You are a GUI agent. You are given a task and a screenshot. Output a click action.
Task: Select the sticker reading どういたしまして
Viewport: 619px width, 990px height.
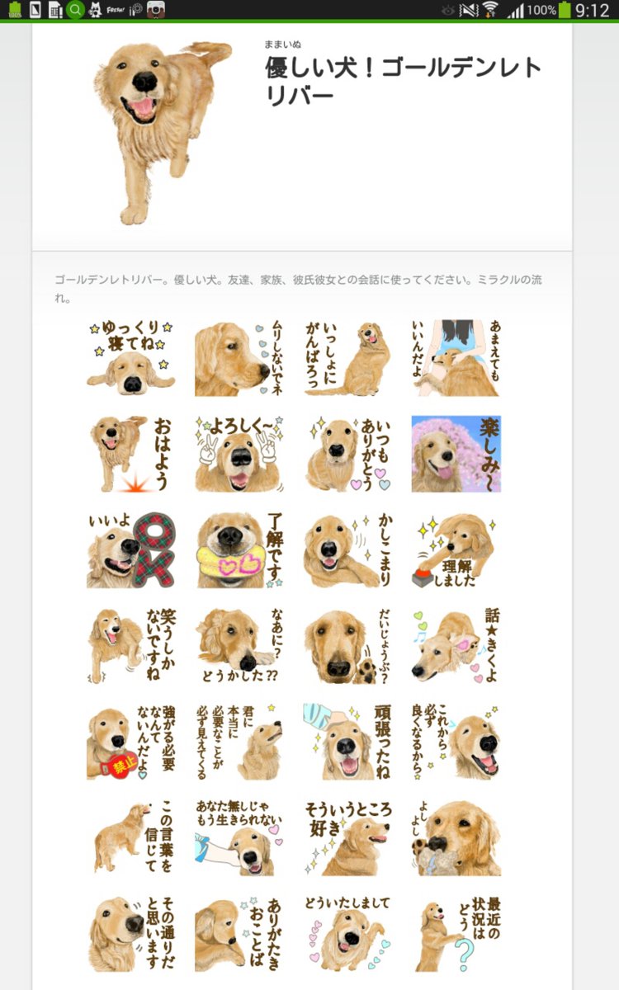[x=347, y=934]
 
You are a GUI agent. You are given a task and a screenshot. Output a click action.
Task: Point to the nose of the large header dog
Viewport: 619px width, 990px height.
[x=145, y=81]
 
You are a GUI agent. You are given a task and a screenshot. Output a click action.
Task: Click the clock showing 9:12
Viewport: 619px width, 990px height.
[x=592, y=10]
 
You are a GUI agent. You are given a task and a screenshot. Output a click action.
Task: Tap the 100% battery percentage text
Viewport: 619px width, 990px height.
[x=541, y=10]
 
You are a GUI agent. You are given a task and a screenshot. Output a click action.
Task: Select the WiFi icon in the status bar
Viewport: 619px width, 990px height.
[x=491, y=10]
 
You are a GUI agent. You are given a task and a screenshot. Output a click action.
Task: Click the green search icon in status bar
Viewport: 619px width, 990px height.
[x=75, y=10]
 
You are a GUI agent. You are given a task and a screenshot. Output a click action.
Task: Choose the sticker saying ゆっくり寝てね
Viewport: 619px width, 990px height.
[x=130, y=356]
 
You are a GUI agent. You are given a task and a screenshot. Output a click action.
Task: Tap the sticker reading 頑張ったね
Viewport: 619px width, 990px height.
[x=347, y=741]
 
